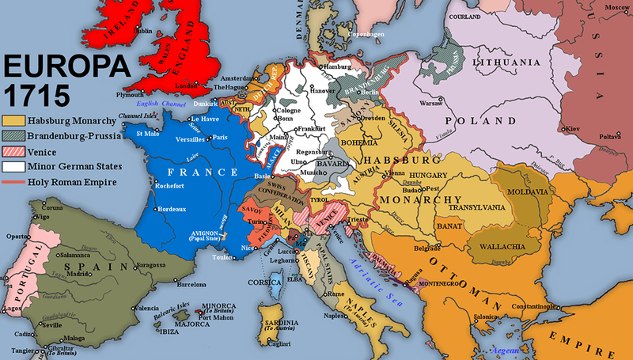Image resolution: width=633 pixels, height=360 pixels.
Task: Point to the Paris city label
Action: pyautogui.click(x=220, y=137)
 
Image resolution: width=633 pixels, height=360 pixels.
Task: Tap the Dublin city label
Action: pyautogui.click(x=146, y=31)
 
